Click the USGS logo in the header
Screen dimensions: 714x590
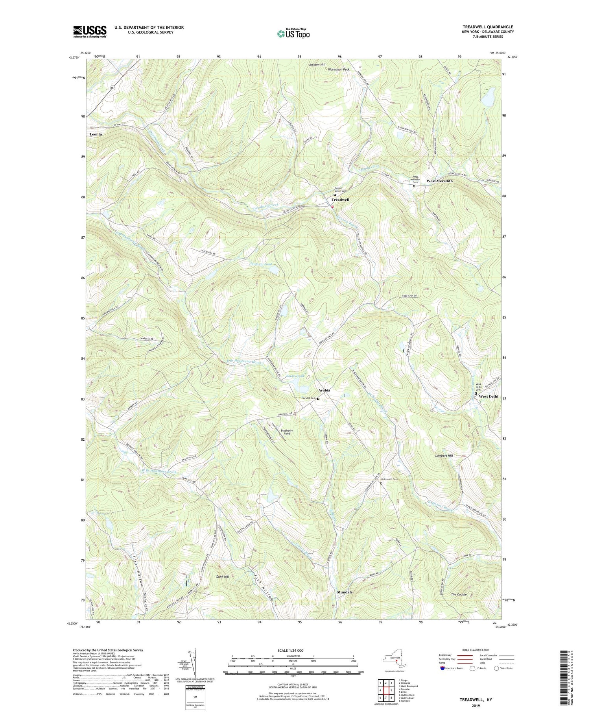pyautogui.click(x=90, y=32)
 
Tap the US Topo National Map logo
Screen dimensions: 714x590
pyautogui.click(x=293, y=34)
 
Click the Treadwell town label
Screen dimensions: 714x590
pyautogui.click(x=340, y=200)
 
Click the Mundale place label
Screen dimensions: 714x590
pyautogui.click(x=345, y=592)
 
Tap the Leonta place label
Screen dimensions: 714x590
pyautogui.click(x=96, y=134)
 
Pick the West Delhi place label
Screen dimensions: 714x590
pyautogui.click(x=489, y=397)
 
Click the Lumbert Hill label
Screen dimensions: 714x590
pyautogui.click(x=444, y=456)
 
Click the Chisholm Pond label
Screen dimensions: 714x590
pyautogui.click(x=260, y=264)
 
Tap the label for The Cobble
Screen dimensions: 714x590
pyautogui.click(x=459, y=594)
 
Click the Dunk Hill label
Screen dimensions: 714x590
pyautogui.click(x=223, y=577)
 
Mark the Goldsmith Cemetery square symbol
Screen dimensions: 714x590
pyautogui.click(x=381, y=484)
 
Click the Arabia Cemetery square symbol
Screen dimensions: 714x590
pyautogui.click(x=318, y=399)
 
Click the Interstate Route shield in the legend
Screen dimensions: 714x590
pyautogui.click(x=442, y=668)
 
